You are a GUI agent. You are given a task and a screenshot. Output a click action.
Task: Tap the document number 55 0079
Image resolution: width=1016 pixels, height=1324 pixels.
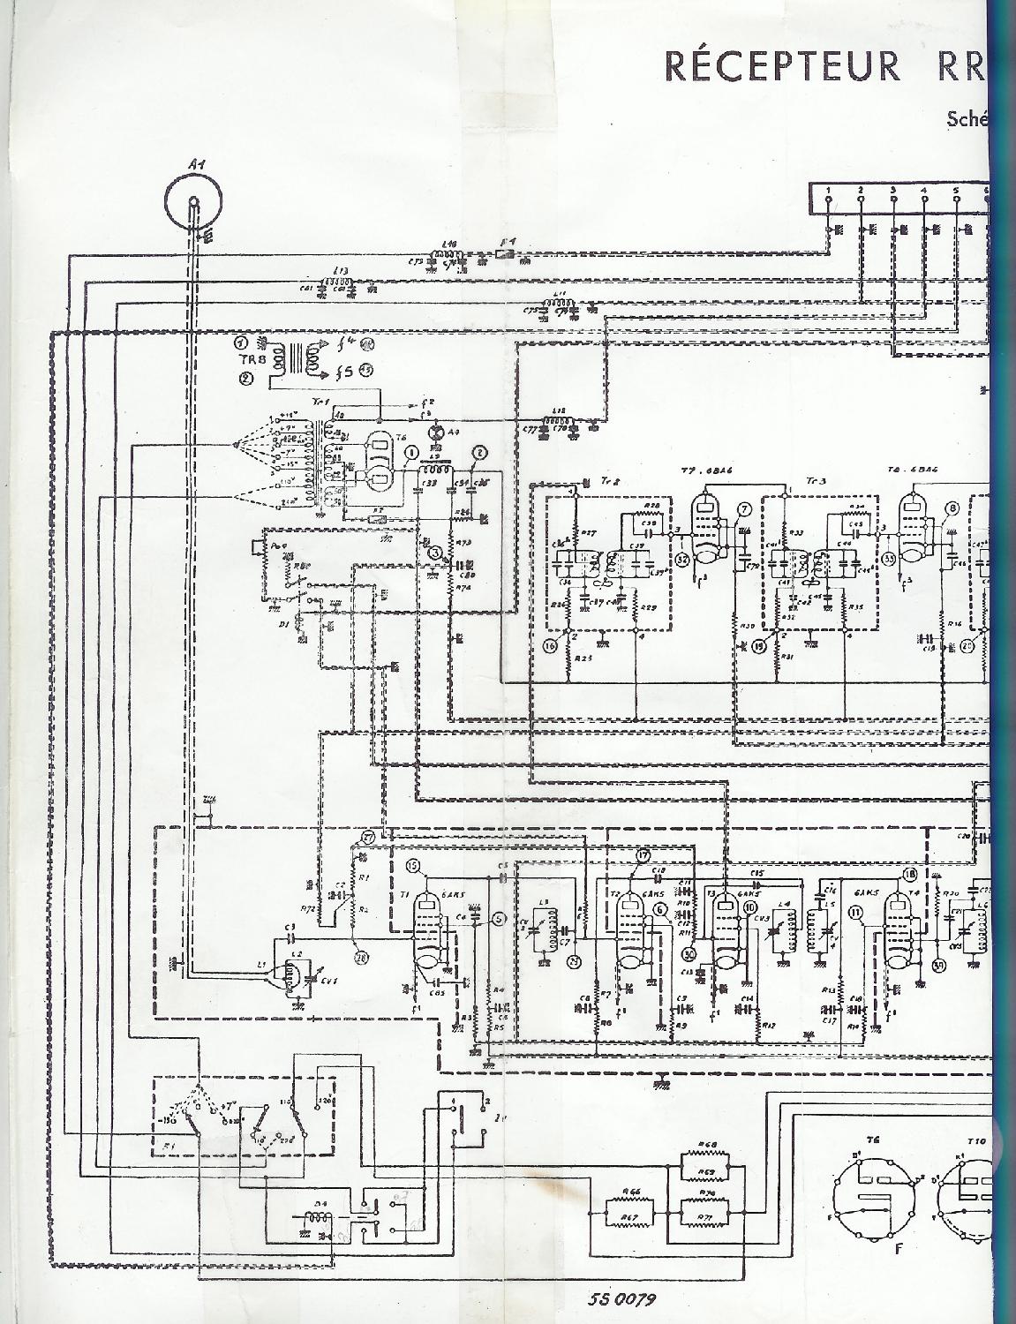[x=624, y=1298]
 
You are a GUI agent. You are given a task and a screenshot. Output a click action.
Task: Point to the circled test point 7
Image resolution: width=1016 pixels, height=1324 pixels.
[x=744, y=509]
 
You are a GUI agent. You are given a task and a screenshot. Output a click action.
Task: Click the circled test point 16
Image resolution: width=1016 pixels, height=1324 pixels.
[x=551, y=646]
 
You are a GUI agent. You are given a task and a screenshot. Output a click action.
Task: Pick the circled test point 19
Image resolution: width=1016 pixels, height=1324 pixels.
[x=757, y=646]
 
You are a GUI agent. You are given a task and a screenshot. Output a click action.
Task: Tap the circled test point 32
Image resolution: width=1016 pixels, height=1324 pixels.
[x=682, y=558]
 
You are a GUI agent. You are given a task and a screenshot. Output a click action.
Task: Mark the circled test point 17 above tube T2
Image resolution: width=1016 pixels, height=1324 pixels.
[x=643, y=854]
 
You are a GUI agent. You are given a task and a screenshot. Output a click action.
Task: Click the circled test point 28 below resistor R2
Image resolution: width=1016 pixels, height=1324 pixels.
[x=359, y=957]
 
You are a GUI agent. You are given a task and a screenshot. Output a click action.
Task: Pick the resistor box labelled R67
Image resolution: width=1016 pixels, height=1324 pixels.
[x=630, y=1217]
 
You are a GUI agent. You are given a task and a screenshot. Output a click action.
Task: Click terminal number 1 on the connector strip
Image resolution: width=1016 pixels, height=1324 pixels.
[x=828, y=192]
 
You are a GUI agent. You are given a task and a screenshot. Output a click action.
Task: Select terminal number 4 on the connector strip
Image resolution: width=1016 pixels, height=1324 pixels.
[x=923, y=192]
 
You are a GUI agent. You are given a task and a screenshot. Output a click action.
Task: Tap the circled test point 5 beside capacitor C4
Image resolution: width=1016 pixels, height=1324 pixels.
[x=500, y=919]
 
